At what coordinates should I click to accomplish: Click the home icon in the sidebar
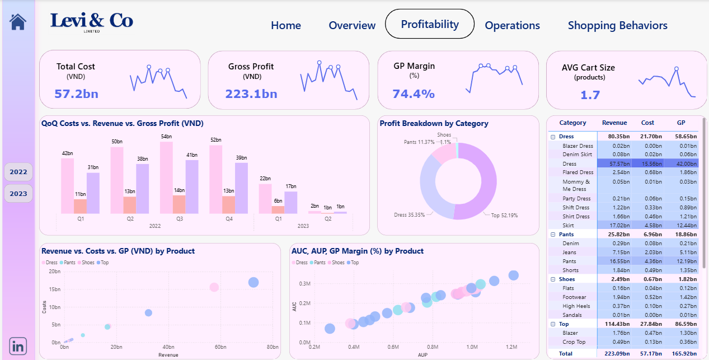click(x=18, y=22)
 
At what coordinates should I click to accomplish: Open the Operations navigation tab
click(x=512, y=25)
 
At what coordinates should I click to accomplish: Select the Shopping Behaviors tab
click(x=617, y=25)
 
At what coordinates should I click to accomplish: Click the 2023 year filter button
click(x=18, y=194)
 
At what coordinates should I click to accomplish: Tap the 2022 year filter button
click(x=18, y=172)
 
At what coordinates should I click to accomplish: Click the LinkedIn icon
click(x=18, y=345)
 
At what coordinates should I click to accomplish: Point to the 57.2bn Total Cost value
click(x=76, y=93)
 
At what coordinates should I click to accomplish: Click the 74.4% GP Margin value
click(x=414, y=93)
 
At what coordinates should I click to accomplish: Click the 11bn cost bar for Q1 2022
click(x=80, y=206)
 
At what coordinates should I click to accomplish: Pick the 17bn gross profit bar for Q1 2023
click(x=290, y=202)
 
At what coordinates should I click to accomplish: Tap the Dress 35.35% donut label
click(x=409, y=215)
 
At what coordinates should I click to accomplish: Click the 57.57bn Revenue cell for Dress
click(x=614, y=163)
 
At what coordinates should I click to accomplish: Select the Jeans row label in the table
click(x=570, y=252)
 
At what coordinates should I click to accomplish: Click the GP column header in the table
click(x=681, y=123)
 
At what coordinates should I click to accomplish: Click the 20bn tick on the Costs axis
click(x=54, y=271)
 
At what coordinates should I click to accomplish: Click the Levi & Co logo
click(x=92, y=21)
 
